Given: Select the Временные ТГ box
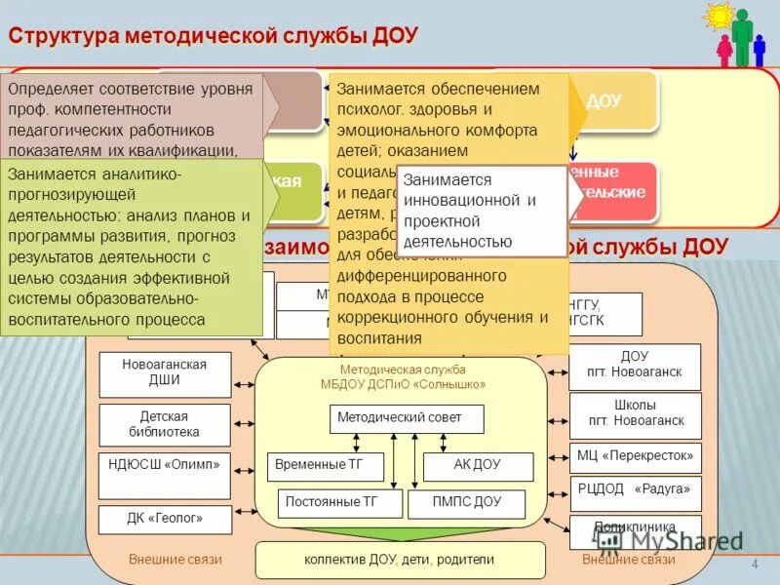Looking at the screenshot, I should pos(325,466).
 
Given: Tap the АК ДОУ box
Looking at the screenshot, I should pos(478,466).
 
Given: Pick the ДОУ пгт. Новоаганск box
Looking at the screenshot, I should pos(635,366).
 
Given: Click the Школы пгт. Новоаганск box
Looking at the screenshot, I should pos(635,413).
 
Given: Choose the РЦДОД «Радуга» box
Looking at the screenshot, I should pos(635,489).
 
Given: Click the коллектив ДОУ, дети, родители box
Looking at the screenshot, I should pos(400,560).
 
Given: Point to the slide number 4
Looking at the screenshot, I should pos(755,565).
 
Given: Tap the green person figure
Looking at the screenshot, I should pos(743,37).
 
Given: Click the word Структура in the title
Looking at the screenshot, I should pos(64,36).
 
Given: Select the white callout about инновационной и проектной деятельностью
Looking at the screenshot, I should pos(482,211).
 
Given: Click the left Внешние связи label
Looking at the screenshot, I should pos(175,560).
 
